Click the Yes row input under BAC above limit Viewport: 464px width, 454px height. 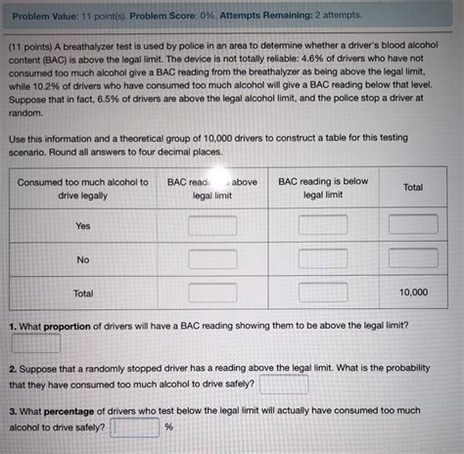(212, 225)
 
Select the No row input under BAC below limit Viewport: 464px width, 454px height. (323, 258)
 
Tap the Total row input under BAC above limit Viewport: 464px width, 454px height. (212, 292)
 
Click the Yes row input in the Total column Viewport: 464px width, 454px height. (412, 225)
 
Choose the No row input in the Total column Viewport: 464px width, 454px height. (412, 258)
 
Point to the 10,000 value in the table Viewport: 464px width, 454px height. (412, 292)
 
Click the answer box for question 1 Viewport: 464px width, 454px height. (36, 342)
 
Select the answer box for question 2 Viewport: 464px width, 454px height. (285, 385)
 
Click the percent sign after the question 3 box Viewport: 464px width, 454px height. (168, 428)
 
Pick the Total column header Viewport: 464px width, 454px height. (412, 187)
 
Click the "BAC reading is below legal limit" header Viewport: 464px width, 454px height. (323, 187)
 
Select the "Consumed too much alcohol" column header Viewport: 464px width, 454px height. (82, 187)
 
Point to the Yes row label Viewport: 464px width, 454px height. (82, 226)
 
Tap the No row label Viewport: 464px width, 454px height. (82, 259)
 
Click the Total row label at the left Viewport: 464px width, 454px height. (82, 293)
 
